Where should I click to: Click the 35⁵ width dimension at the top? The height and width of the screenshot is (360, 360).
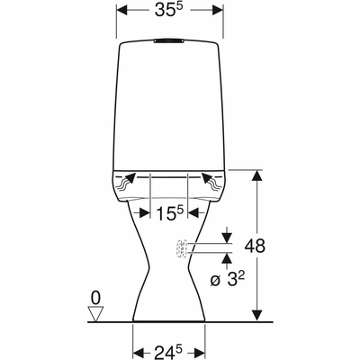(x=168, y=10)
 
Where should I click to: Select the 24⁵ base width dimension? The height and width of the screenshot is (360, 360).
(x=168, y=351)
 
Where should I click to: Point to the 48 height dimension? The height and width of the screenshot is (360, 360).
(x=255, y=246)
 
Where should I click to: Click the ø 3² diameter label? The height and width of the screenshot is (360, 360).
(x=228, y=280)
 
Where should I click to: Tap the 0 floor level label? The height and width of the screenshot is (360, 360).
(x=95, y=298)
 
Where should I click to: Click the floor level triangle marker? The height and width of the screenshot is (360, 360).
(x=95, y=314)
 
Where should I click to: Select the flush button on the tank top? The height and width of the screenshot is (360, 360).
(x=168, y=40)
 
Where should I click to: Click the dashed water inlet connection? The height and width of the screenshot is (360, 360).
(x=182, y=248)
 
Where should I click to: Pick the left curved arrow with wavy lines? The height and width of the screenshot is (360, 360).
(x=125, y=182)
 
